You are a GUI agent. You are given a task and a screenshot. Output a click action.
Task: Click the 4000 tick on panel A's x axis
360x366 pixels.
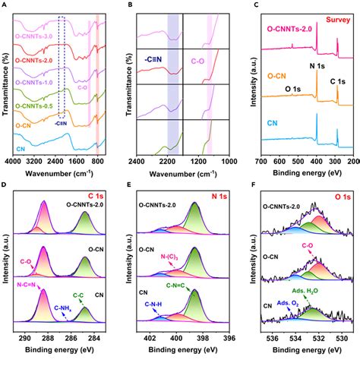point(13,162)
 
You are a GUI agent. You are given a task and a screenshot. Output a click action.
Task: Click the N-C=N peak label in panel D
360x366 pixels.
point(30,284)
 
